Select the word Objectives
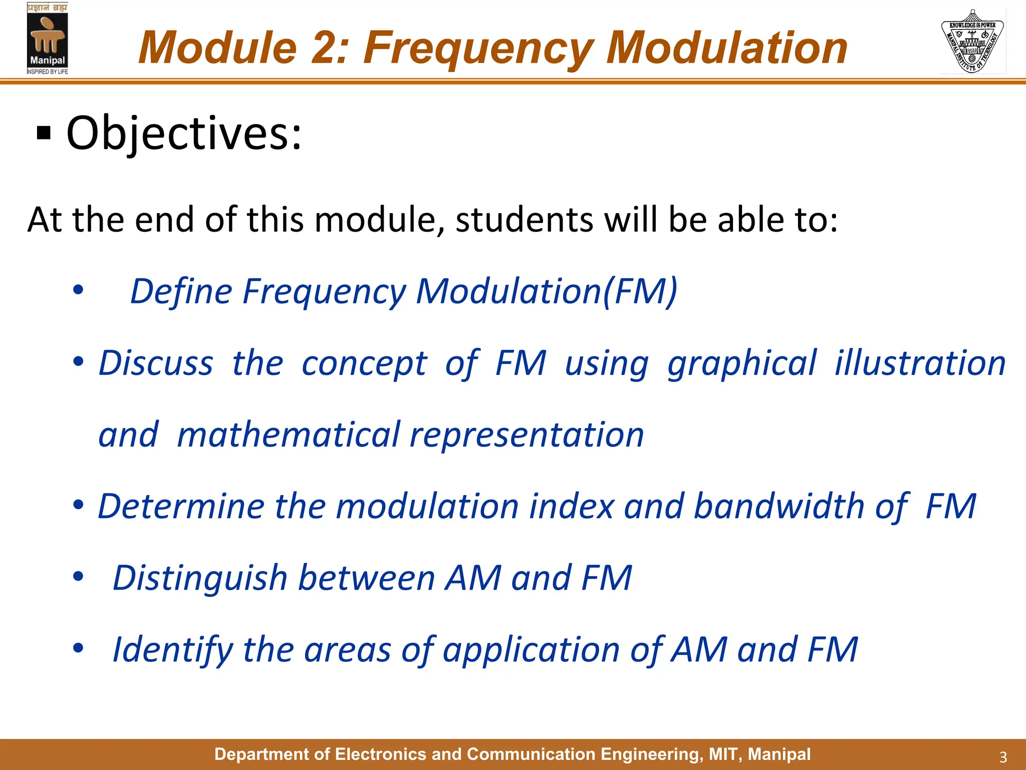point(184,133)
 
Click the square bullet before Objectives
point(44,134)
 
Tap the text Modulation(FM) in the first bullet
point(546,291)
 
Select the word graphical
point(742,363)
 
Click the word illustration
point(920,363)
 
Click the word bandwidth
point(779,506)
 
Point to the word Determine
point(180,506)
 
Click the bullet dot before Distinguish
point(78,576)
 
